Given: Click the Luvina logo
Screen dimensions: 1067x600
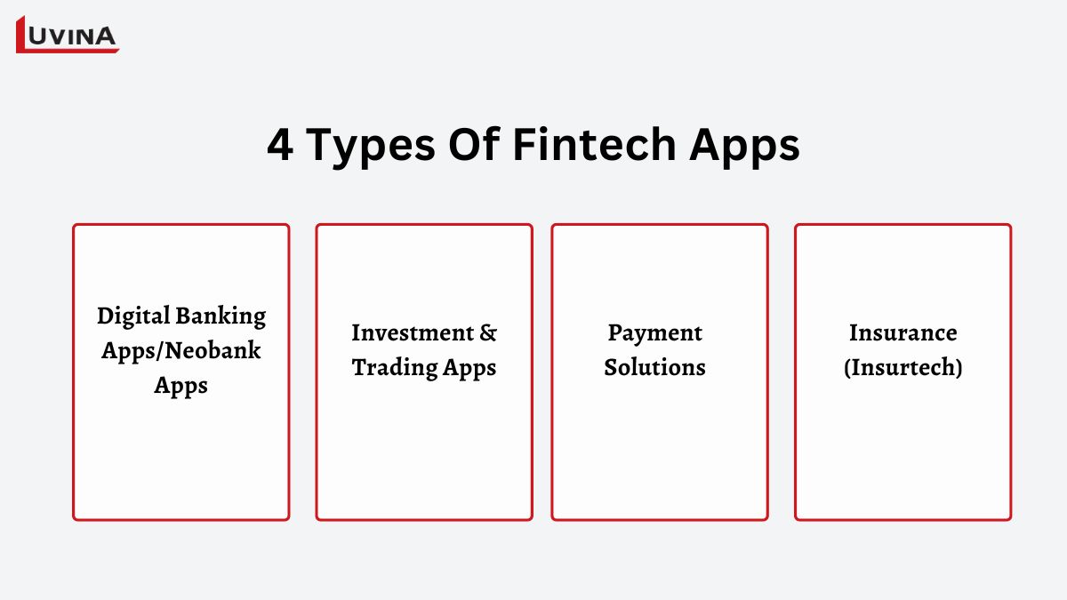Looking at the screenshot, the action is [x=68, y=35].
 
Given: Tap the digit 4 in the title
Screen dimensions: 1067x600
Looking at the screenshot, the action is [x=280, y=145].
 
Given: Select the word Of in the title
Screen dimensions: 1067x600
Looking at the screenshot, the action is [x=474, y=143].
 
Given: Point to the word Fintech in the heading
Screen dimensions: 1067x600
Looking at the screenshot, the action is [x=595, y=144].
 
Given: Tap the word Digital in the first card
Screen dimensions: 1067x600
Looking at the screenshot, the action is [x=133, y=316].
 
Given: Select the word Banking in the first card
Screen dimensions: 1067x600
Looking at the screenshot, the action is [x=221, y=316].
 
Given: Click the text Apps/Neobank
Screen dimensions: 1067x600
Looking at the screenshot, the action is [x=181, y=351].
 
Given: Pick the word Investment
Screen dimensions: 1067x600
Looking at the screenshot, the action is [x=413, y=332].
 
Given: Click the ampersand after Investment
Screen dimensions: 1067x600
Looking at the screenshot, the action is [x=488, y=332].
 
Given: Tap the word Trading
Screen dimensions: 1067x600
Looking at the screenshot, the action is [x=395, y=368].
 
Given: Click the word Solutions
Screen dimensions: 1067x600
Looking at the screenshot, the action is [x=655, y=367].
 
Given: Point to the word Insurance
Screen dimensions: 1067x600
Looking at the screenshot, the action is [x=903, y=332].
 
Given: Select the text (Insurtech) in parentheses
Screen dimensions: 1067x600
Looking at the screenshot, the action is [x=903, y=368].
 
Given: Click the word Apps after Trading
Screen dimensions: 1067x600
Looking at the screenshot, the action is [x=469, y=369].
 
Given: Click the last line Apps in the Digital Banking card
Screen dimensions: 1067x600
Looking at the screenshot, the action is [x=181, y=386].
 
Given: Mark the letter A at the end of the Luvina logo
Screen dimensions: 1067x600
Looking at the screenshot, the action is [x=104, y=36].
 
